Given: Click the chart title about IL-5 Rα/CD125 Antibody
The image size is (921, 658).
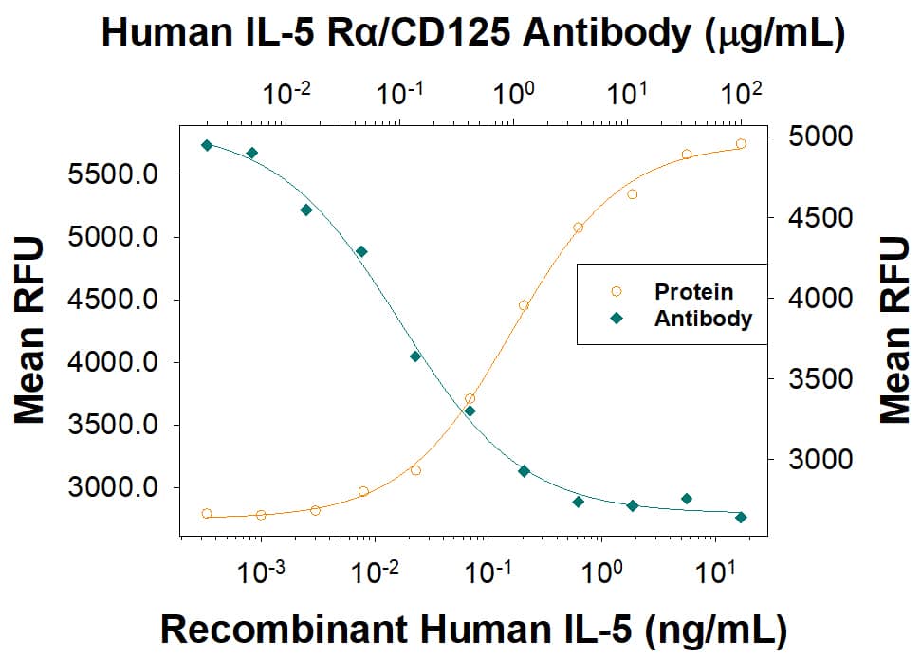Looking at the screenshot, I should coord(472,34).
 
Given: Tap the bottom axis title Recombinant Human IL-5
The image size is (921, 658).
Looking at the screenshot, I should coord(472,628).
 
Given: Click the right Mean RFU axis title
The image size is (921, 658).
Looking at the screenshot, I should coord(893,330).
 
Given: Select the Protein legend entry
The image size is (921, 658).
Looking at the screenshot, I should coord(693,291).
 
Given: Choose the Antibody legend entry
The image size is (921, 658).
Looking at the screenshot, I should coord(703,319).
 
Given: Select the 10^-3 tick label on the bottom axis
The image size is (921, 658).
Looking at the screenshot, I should coord(260,575).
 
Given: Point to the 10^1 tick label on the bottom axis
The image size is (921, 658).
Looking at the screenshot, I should coord(712,575).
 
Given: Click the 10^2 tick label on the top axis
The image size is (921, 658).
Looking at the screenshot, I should coord(740,95).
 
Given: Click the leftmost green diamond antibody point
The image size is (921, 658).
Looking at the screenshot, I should coord(207,145).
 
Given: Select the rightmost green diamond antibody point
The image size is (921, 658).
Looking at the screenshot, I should coord(741,517).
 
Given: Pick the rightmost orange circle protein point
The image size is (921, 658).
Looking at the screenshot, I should coord(741,144).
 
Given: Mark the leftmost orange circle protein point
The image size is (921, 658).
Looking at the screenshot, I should coord(207,514).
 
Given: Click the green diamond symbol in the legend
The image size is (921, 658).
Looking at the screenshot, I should coord(616,319).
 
